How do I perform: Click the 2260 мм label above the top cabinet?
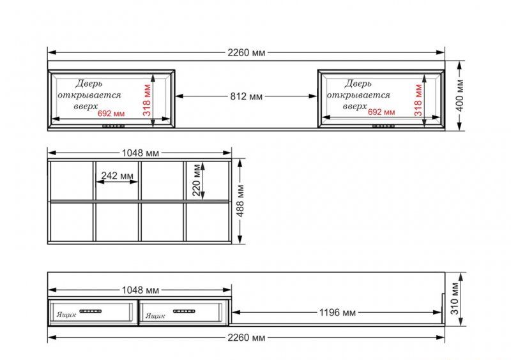point(247,52)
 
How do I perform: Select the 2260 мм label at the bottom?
point(247,338)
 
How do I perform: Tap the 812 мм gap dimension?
point(247,96)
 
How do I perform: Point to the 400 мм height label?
point(460,95)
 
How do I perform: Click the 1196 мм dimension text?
point(337,313)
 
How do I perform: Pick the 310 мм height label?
point(455,299)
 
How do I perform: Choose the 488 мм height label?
point(240,201)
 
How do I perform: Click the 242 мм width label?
point(118,176)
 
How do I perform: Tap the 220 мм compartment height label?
point(196,180)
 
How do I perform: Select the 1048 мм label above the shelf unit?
point(141,153)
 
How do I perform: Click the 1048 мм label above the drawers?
point(141,290)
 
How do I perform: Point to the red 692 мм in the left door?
point(111,114)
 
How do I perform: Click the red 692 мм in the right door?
point(381,112)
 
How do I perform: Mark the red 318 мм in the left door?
point(147,100)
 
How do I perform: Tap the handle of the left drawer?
point(91,311)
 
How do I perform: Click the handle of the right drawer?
point(184,311)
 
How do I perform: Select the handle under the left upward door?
point(114,126)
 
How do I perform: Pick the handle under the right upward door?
point(384,126)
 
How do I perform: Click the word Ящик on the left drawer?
point(66,315)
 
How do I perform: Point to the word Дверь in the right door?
point(358,84)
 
